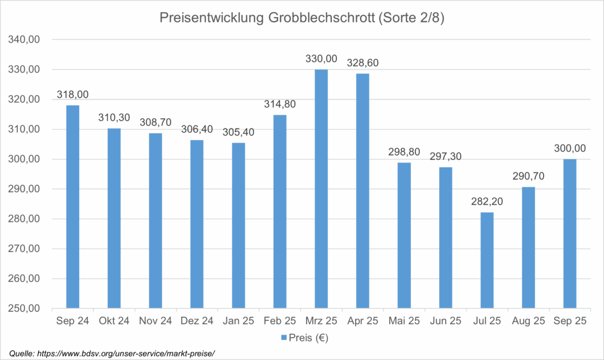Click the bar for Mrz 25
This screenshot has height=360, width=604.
321,189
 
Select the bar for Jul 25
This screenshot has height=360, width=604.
487,260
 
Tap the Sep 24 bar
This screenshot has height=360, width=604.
72,206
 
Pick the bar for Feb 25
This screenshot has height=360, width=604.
280,211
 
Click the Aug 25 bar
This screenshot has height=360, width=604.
528,247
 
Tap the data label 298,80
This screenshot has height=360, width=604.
404,152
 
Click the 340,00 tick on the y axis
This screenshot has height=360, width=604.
23,40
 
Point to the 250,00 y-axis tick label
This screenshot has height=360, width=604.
23,309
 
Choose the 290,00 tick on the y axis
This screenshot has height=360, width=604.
23,189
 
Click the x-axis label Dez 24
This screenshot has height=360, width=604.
196,321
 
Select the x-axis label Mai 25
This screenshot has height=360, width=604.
404,321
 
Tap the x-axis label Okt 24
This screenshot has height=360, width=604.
114,321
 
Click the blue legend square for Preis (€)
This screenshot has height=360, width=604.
284,337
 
